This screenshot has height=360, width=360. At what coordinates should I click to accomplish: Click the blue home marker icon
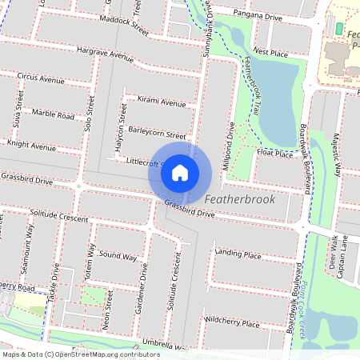(x=180, y=172)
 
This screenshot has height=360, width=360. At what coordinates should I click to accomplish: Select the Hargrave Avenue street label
(x=106, y=54)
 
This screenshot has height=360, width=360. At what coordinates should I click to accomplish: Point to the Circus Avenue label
(x=41, y=80)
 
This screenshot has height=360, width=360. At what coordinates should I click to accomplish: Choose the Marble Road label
(x=54, y=115)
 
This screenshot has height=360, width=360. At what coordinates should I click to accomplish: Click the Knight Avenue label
(x=32, y=146)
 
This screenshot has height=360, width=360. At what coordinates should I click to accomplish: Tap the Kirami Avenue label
(x=161, y=102)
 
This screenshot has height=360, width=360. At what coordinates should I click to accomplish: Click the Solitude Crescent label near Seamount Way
(x=58, y=217)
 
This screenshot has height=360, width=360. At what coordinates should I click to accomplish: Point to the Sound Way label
(x=118, y=256)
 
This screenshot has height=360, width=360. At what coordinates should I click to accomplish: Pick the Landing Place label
(x=238, y=255)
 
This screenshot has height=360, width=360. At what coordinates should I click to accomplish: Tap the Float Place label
(x=275, y=152)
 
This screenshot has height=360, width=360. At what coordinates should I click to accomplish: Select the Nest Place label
(x=270, y=52)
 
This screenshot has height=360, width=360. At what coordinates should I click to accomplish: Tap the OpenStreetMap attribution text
(x=81, y=354)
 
